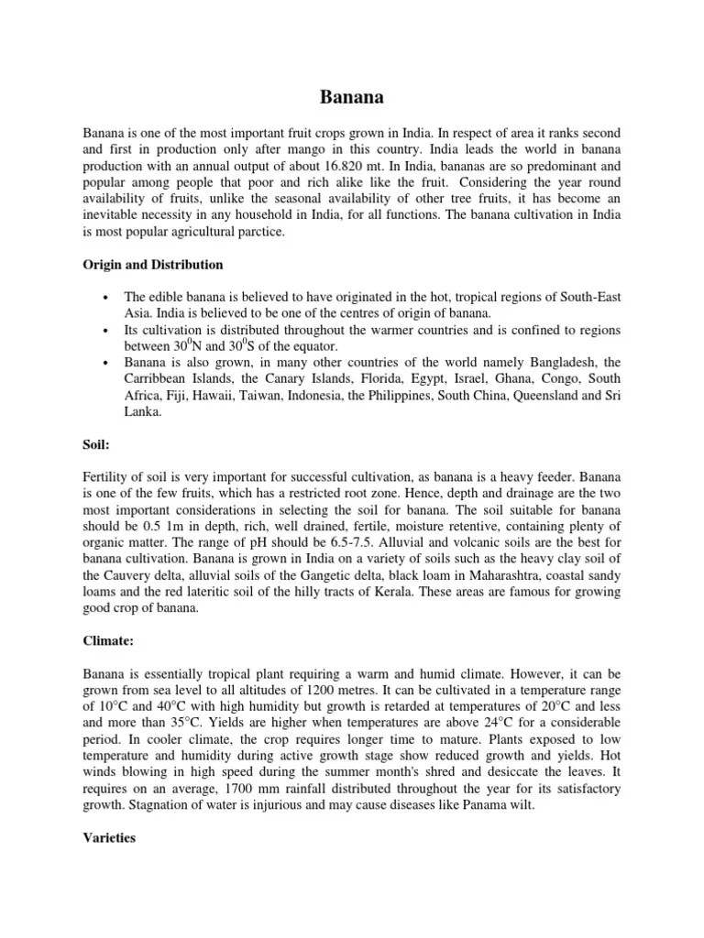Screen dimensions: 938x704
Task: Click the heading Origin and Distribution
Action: click(x=152, y=265)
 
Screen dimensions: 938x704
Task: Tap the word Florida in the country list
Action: click(x=358, y=380)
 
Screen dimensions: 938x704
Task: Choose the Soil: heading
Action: click(x=96, y=446)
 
